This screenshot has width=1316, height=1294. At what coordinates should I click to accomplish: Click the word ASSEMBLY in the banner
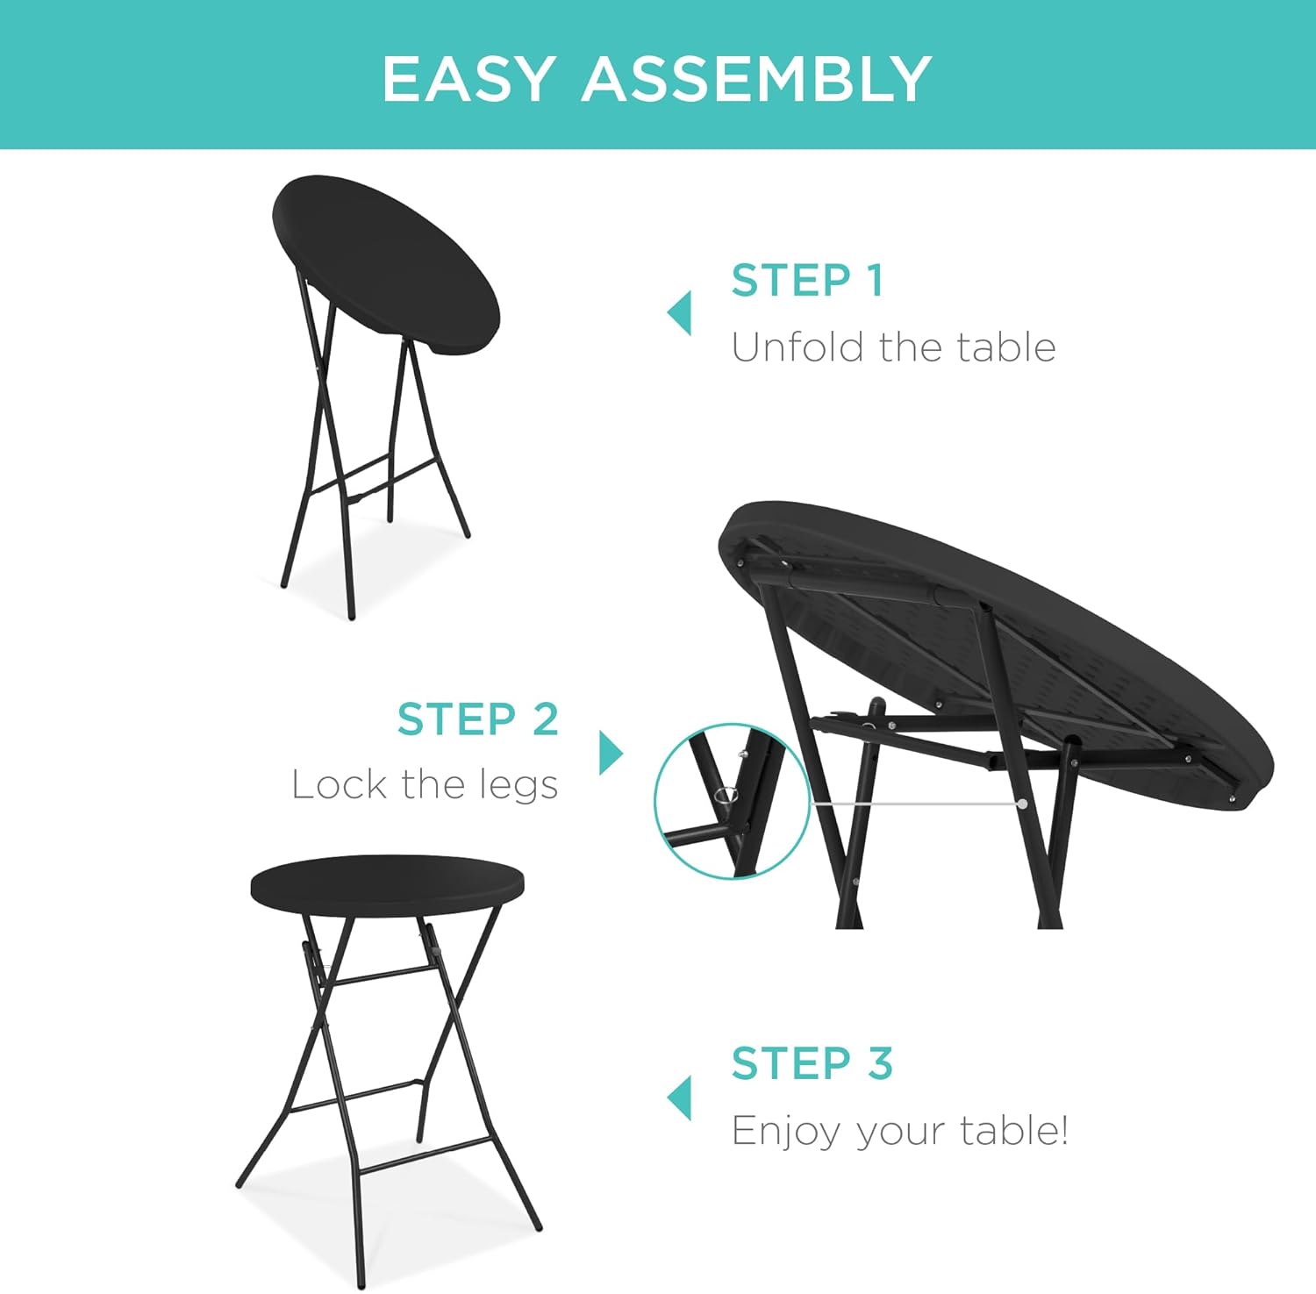756,79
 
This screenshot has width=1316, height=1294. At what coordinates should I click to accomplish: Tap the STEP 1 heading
807,281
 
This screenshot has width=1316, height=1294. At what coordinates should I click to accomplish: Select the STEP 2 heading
478,719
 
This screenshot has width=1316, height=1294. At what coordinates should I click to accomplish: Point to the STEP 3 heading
812,1063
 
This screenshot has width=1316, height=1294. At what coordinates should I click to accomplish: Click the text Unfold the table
893,347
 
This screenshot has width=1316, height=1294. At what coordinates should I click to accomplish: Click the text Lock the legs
426,785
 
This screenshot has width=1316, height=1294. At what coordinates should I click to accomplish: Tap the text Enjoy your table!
900,1131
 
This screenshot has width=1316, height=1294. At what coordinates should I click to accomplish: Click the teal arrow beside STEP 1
679,313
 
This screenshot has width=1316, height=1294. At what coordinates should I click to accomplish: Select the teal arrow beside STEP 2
612,753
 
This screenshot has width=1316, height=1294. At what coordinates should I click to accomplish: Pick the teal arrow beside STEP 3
679,1098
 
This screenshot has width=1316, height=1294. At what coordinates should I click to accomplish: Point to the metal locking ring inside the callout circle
726,796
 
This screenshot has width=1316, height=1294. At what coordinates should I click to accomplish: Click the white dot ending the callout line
1023,803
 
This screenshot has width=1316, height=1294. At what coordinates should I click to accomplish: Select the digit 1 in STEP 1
873,281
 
